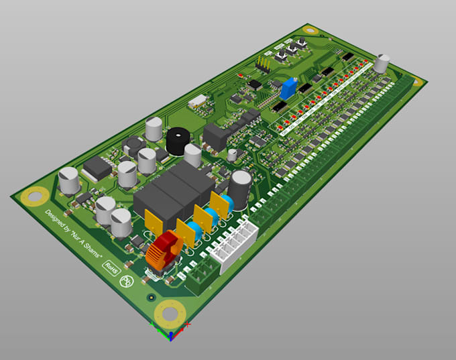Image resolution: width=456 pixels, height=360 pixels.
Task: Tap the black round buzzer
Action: [178, 141]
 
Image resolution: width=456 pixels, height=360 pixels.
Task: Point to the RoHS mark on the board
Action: [111, 267]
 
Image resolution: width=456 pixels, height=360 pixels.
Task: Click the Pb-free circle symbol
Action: [125, 282]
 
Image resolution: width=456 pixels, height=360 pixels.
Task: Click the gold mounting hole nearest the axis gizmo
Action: [169, 312]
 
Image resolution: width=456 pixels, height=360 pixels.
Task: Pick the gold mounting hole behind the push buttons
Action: [310, 30]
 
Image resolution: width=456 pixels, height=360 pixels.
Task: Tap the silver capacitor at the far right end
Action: [382, 64]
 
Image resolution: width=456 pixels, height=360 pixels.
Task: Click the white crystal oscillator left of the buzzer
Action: [197, 102]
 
